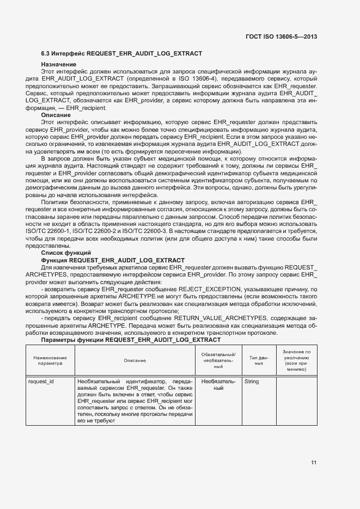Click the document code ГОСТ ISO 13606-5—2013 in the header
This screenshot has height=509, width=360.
click(x=280, y=37)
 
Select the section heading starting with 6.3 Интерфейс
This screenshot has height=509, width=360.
click(x=121, y=53)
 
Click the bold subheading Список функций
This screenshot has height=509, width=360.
click(x=66, y=253)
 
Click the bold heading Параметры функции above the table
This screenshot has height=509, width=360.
click(x=131, y=340)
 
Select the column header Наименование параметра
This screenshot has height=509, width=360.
click(x=50, y=360)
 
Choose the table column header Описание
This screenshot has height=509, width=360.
click(x=135, y=360)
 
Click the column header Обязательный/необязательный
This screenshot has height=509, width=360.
click(x=218, y=360)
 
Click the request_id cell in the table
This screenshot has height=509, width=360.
click(x=41, y=382)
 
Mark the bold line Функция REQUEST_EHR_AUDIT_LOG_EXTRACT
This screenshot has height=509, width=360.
click(x=113, y=260)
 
